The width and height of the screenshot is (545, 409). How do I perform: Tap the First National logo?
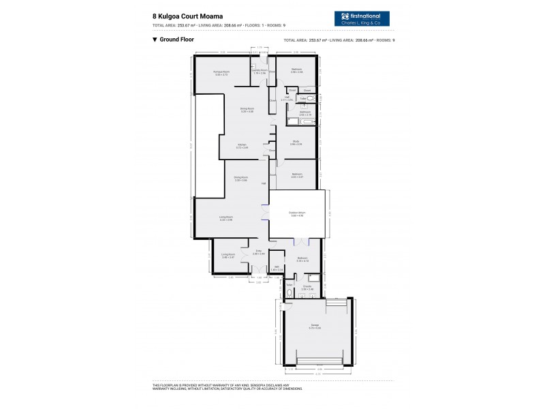coord(364,18)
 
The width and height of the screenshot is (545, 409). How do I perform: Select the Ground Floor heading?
coord(174,40)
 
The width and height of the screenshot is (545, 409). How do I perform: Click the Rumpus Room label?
coord(221,73)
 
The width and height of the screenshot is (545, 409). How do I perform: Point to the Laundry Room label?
coord(259,71)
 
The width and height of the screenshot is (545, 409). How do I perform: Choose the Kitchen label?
coord(242,145)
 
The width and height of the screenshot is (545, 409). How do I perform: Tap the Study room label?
coord(296,142)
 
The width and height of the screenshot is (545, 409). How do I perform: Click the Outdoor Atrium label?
coord(296,214)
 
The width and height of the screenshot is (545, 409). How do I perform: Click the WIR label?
coord(277,268)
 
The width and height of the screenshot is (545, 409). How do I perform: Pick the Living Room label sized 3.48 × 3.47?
coord(228,256)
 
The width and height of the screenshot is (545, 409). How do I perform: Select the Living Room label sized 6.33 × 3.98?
coord(226,218)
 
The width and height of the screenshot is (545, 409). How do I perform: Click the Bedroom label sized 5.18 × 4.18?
coord(303,259)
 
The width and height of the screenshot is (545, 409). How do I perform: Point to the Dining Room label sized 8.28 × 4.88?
coord(247,110)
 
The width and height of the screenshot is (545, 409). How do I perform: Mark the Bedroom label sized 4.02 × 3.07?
coord(296,175)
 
